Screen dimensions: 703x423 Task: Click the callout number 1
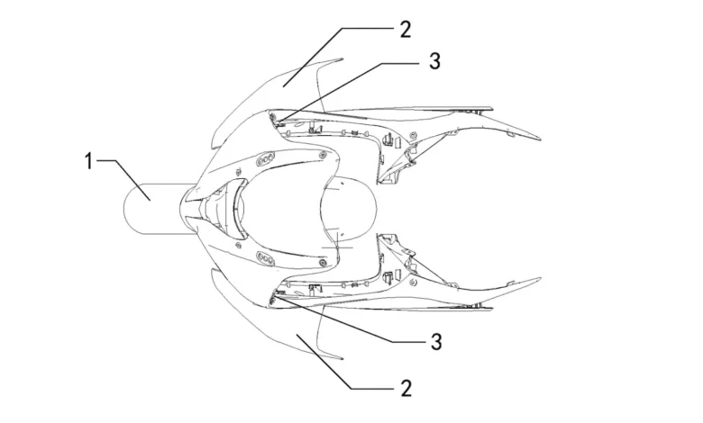[89, 161]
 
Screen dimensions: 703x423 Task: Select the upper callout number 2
[405, 29]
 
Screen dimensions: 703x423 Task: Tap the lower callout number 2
[406, 388]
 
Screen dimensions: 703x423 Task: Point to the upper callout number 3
[434, 60]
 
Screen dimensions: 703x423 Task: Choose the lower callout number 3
[436, 341]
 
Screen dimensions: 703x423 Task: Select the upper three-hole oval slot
[265, 159]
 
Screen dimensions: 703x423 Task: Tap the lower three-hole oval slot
[265, 258]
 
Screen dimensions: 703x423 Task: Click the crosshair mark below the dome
[337, 247]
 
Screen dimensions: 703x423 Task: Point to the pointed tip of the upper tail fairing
[540, 136]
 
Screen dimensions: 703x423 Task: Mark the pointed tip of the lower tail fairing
[540, 278]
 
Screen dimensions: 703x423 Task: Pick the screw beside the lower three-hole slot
[323, 262]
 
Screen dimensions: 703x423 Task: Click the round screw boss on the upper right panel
[413, 135]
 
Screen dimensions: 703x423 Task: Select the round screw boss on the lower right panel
[414, 282]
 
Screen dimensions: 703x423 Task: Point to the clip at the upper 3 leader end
[276, 120]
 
